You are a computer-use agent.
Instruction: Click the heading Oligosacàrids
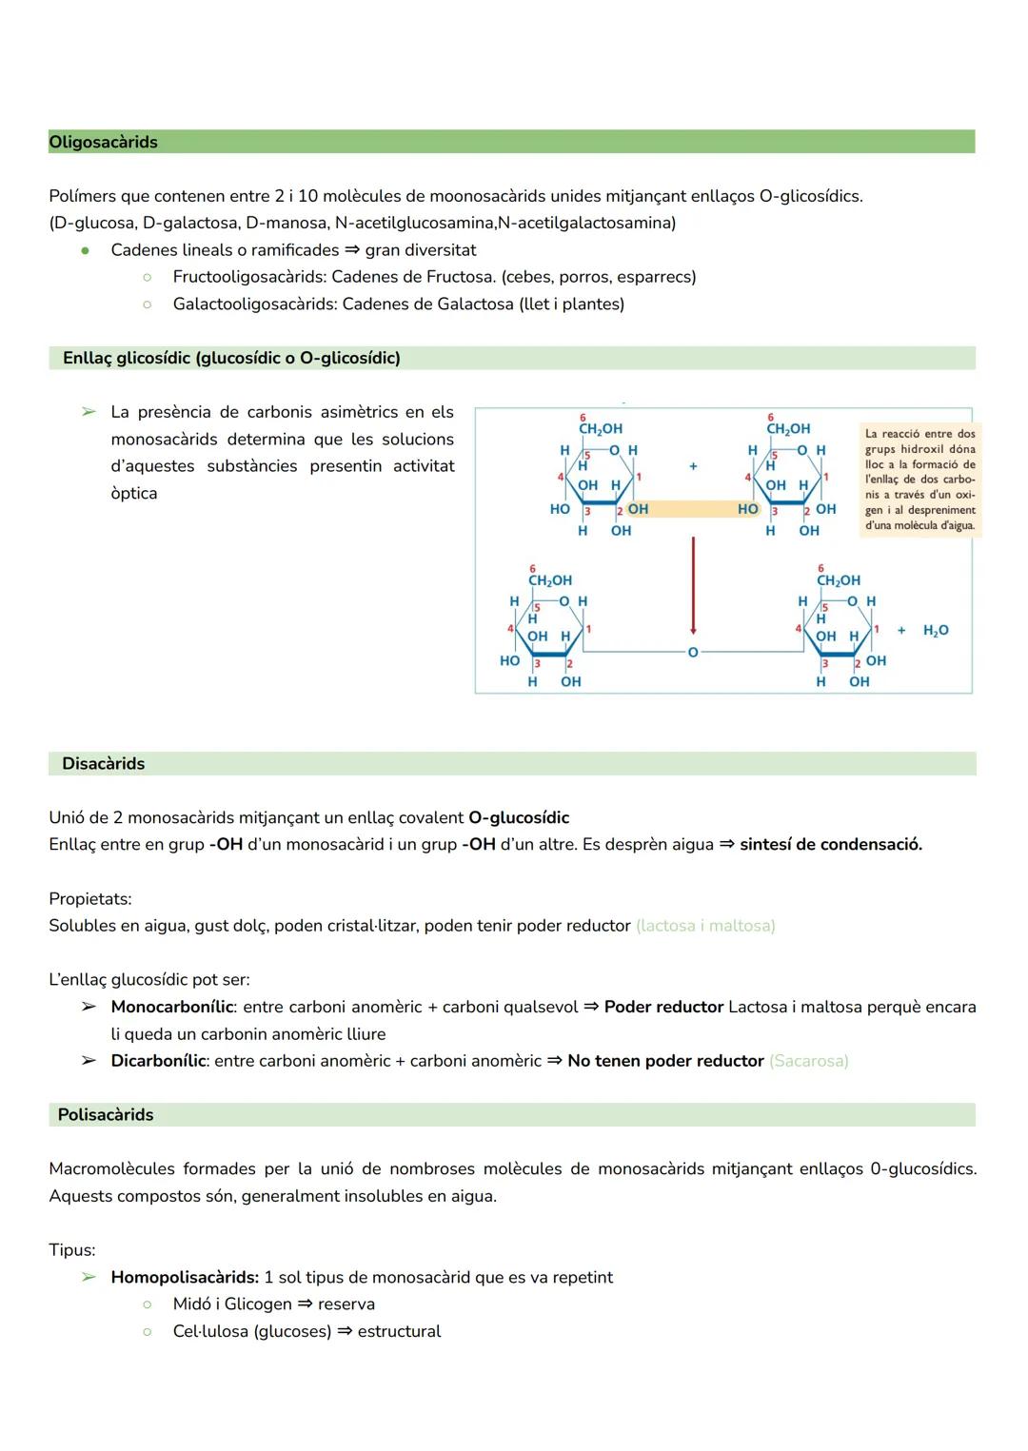tap(103, 142)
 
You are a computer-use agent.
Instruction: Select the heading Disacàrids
tap(103, 763)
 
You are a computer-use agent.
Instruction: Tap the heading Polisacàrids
tap(105, 1114)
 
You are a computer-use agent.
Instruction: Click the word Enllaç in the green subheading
tap(88, 358)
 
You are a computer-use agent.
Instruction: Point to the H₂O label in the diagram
tap(935, 631)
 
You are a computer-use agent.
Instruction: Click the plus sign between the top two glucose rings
tap(693, 466)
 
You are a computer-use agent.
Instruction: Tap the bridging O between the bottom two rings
tap(693, 653)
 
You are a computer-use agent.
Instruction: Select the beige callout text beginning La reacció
tap(919, 480)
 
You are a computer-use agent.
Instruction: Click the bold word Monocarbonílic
tap(171, 1007)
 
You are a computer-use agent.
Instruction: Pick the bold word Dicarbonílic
tap(158, 1061)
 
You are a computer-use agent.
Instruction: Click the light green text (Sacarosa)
tap(808, 1061)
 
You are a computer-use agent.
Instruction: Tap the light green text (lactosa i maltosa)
tap(704, 926)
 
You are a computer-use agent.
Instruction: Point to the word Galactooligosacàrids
tap(253, 304)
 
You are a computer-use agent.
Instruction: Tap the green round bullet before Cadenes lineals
tap(86, 251)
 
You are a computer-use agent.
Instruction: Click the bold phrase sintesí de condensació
tap(830, 844)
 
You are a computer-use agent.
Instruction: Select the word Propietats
tap(90, 898)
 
